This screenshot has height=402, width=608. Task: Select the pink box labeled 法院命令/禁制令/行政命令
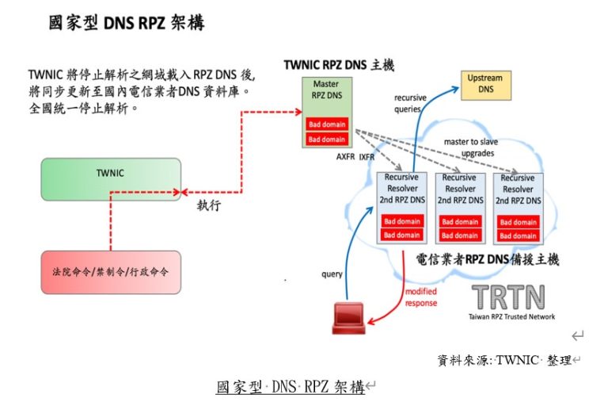click(110, 272)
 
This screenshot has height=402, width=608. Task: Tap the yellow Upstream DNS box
click(484, 84)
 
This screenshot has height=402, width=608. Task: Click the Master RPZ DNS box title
click(327, 90)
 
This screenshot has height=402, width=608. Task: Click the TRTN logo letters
click(508, 297)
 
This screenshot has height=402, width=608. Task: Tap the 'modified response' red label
click(421, 297)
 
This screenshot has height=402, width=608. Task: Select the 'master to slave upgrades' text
click(471, 147)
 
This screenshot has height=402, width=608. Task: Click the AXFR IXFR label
click(355, 157)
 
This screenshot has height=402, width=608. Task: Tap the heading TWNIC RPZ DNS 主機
click(339, 65)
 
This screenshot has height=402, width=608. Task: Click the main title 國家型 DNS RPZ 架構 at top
click(127, 22)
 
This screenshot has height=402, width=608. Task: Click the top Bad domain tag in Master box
click(327, 125)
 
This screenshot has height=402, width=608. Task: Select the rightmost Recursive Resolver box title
click(518, 189)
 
